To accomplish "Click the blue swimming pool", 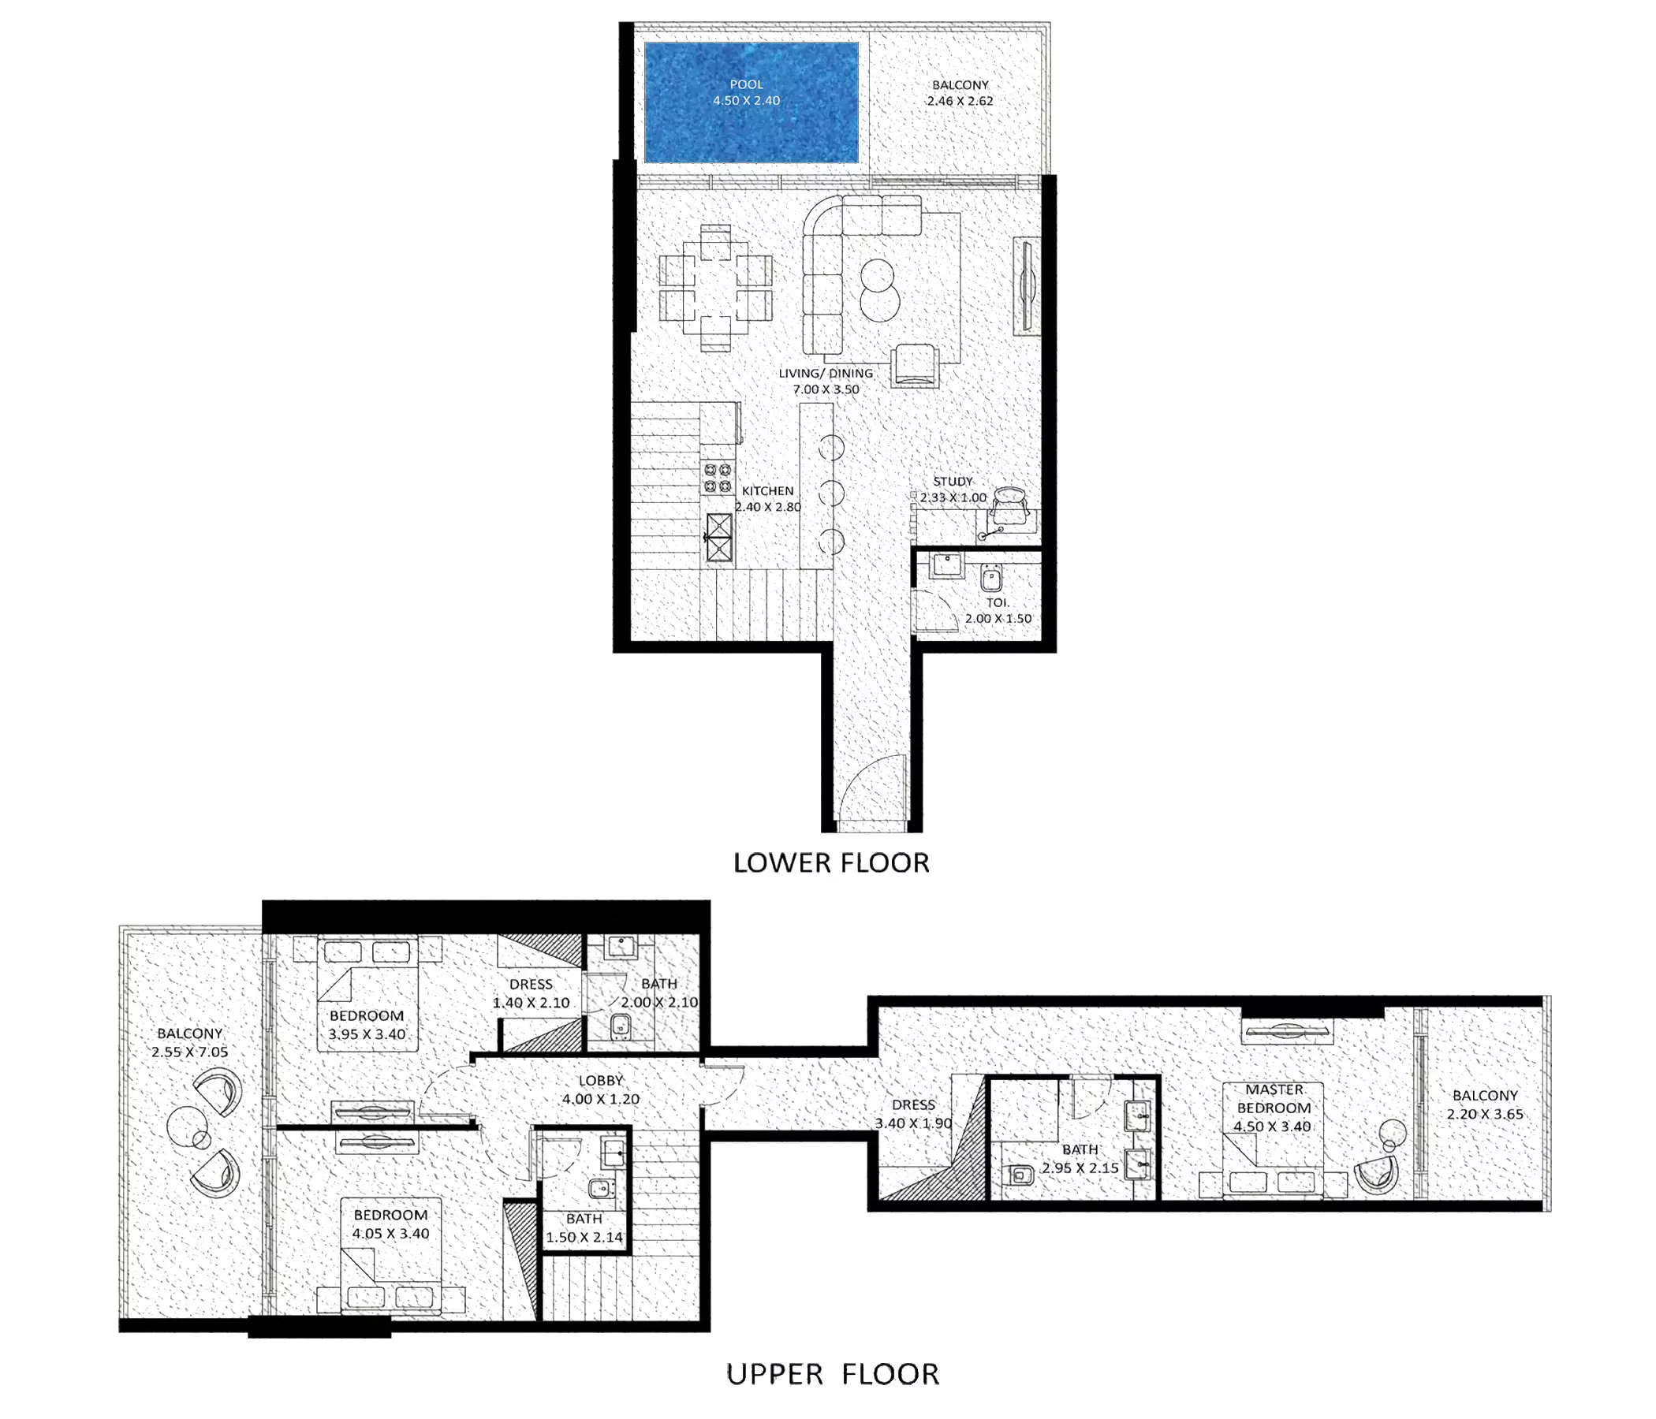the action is point(752,102).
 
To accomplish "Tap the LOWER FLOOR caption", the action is point(831,863).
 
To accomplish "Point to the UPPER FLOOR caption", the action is point(833,1374).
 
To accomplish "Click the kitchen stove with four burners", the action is point(718,477).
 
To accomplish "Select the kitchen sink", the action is point(718,538).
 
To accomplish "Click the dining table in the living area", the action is point(716,289).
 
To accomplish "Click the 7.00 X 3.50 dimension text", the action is point(826,390).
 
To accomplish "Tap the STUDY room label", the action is point(953,482).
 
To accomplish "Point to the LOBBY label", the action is point(600,1081).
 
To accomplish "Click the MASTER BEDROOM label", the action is point(1274,1099).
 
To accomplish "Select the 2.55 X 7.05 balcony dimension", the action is point(189,1052).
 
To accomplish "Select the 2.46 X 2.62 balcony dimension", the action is point(960,102).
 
